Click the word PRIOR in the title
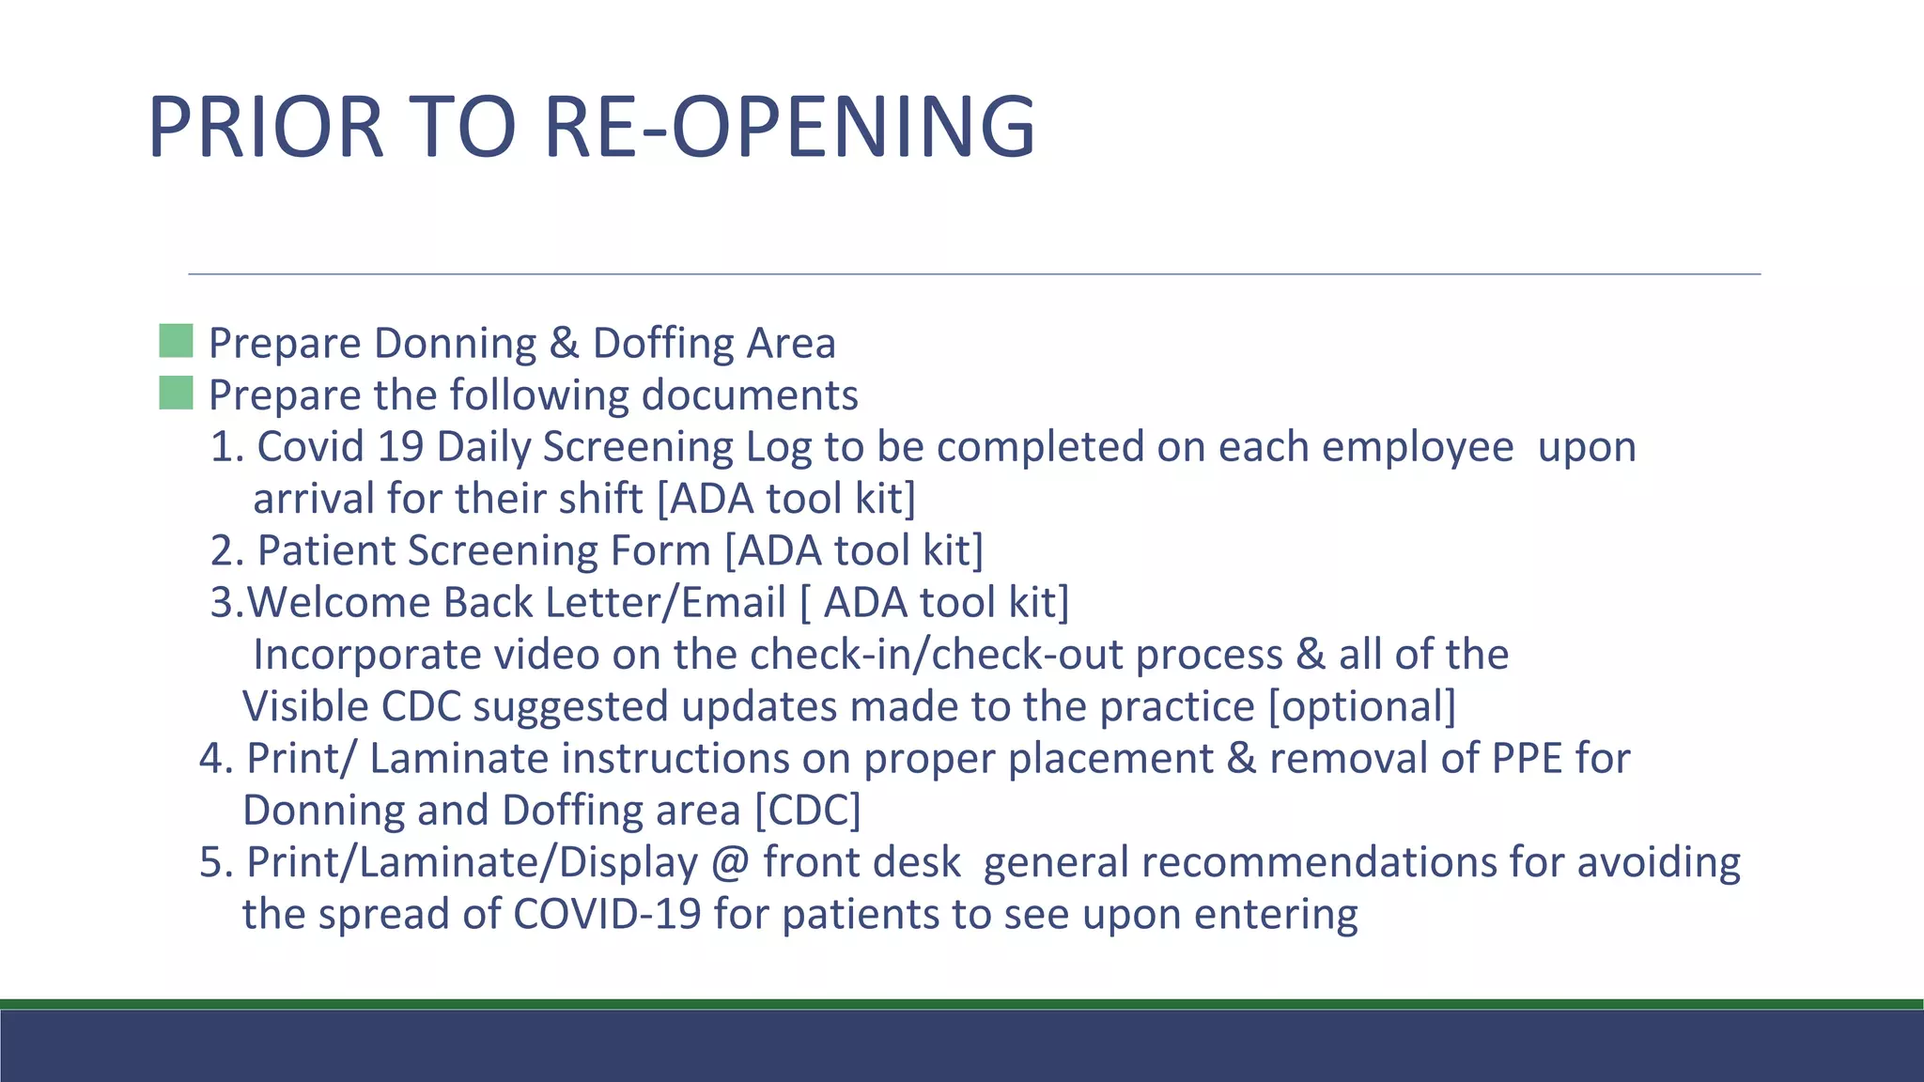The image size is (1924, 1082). [266, 127]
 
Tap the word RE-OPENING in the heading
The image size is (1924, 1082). [789, 127]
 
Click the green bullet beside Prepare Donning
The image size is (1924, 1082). [176, 341]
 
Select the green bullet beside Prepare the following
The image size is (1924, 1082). [176, 393]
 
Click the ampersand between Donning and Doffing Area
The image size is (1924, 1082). [564, 343]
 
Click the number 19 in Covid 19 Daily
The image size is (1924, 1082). [400, 446]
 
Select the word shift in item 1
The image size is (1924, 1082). [600, 498]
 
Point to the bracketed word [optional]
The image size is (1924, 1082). [1361, 706]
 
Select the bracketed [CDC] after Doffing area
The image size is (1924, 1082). [808, 811]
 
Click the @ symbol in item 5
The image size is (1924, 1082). [730, 862]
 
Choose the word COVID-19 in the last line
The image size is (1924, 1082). [606, 914]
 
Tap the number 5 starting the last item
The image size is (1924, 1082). [210, 862]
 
